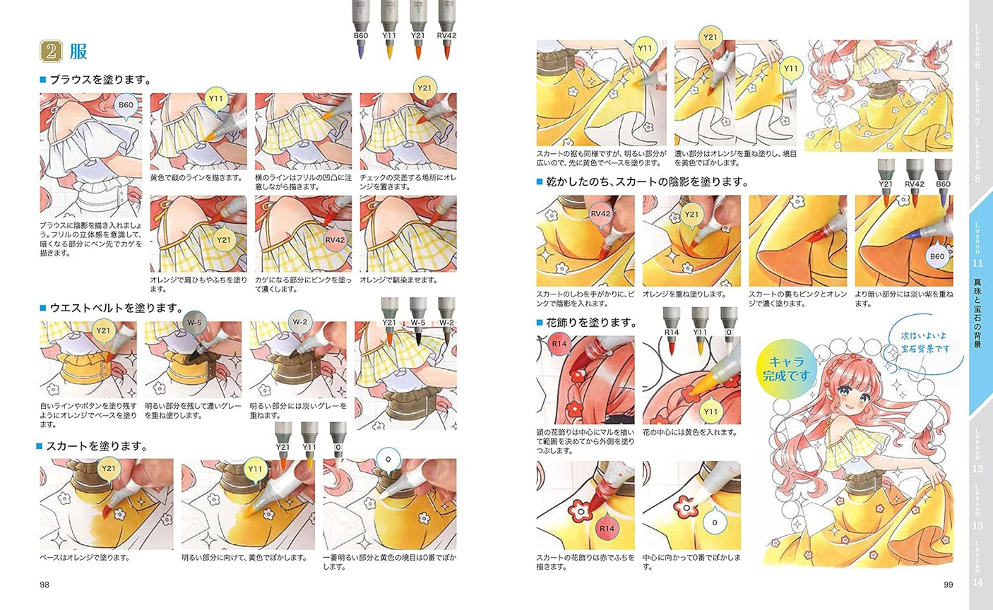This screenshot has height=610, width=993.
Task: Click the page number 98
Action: (x=44, y=584)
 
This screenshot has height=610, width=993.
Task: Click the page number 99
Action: (x=949, y=584)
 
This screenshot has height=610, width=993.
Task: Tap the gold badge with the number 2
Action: (x=52, y=52)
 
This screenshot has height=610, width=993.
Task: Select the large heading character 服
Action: (x=78, y=52)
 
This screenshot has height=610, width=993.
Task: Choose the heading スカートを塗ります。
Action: (x=96, y=446)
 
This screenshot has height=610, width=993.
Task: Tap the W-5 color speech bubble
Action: (x=194, y=323)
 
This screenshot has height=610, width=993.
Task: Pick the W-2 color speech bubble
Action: (x=299, y=323)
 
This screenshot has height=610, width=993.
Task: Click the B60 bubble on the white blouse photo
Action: (x=125, y=105)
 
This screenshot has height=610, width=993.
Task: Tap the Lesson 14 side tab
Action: (x=977, y=565)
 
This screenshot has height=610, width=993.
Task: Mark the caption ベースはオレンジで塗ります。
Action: (x=84, y=558)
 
